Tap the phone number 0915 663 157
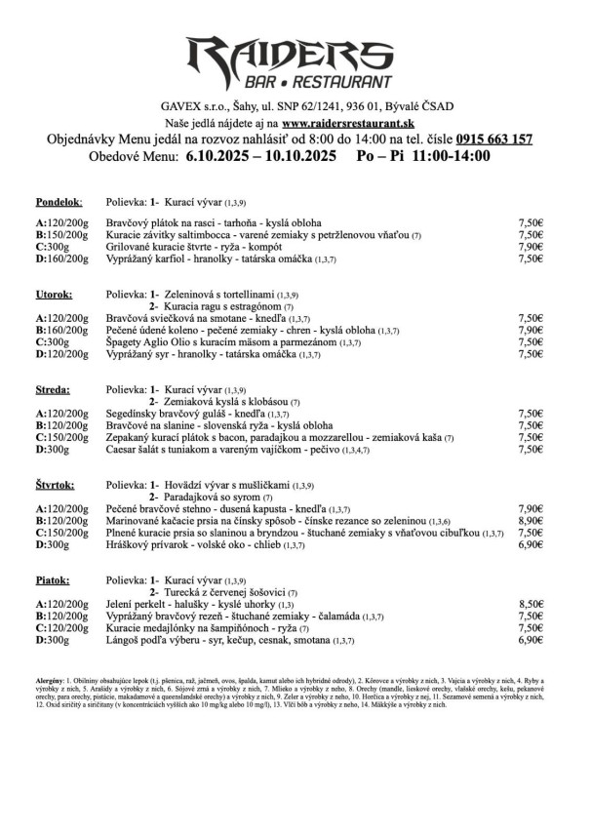(x=486, y=139)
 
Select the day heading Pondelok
(x=59, y=202)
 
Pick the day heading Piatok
(x=54, y=580)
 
